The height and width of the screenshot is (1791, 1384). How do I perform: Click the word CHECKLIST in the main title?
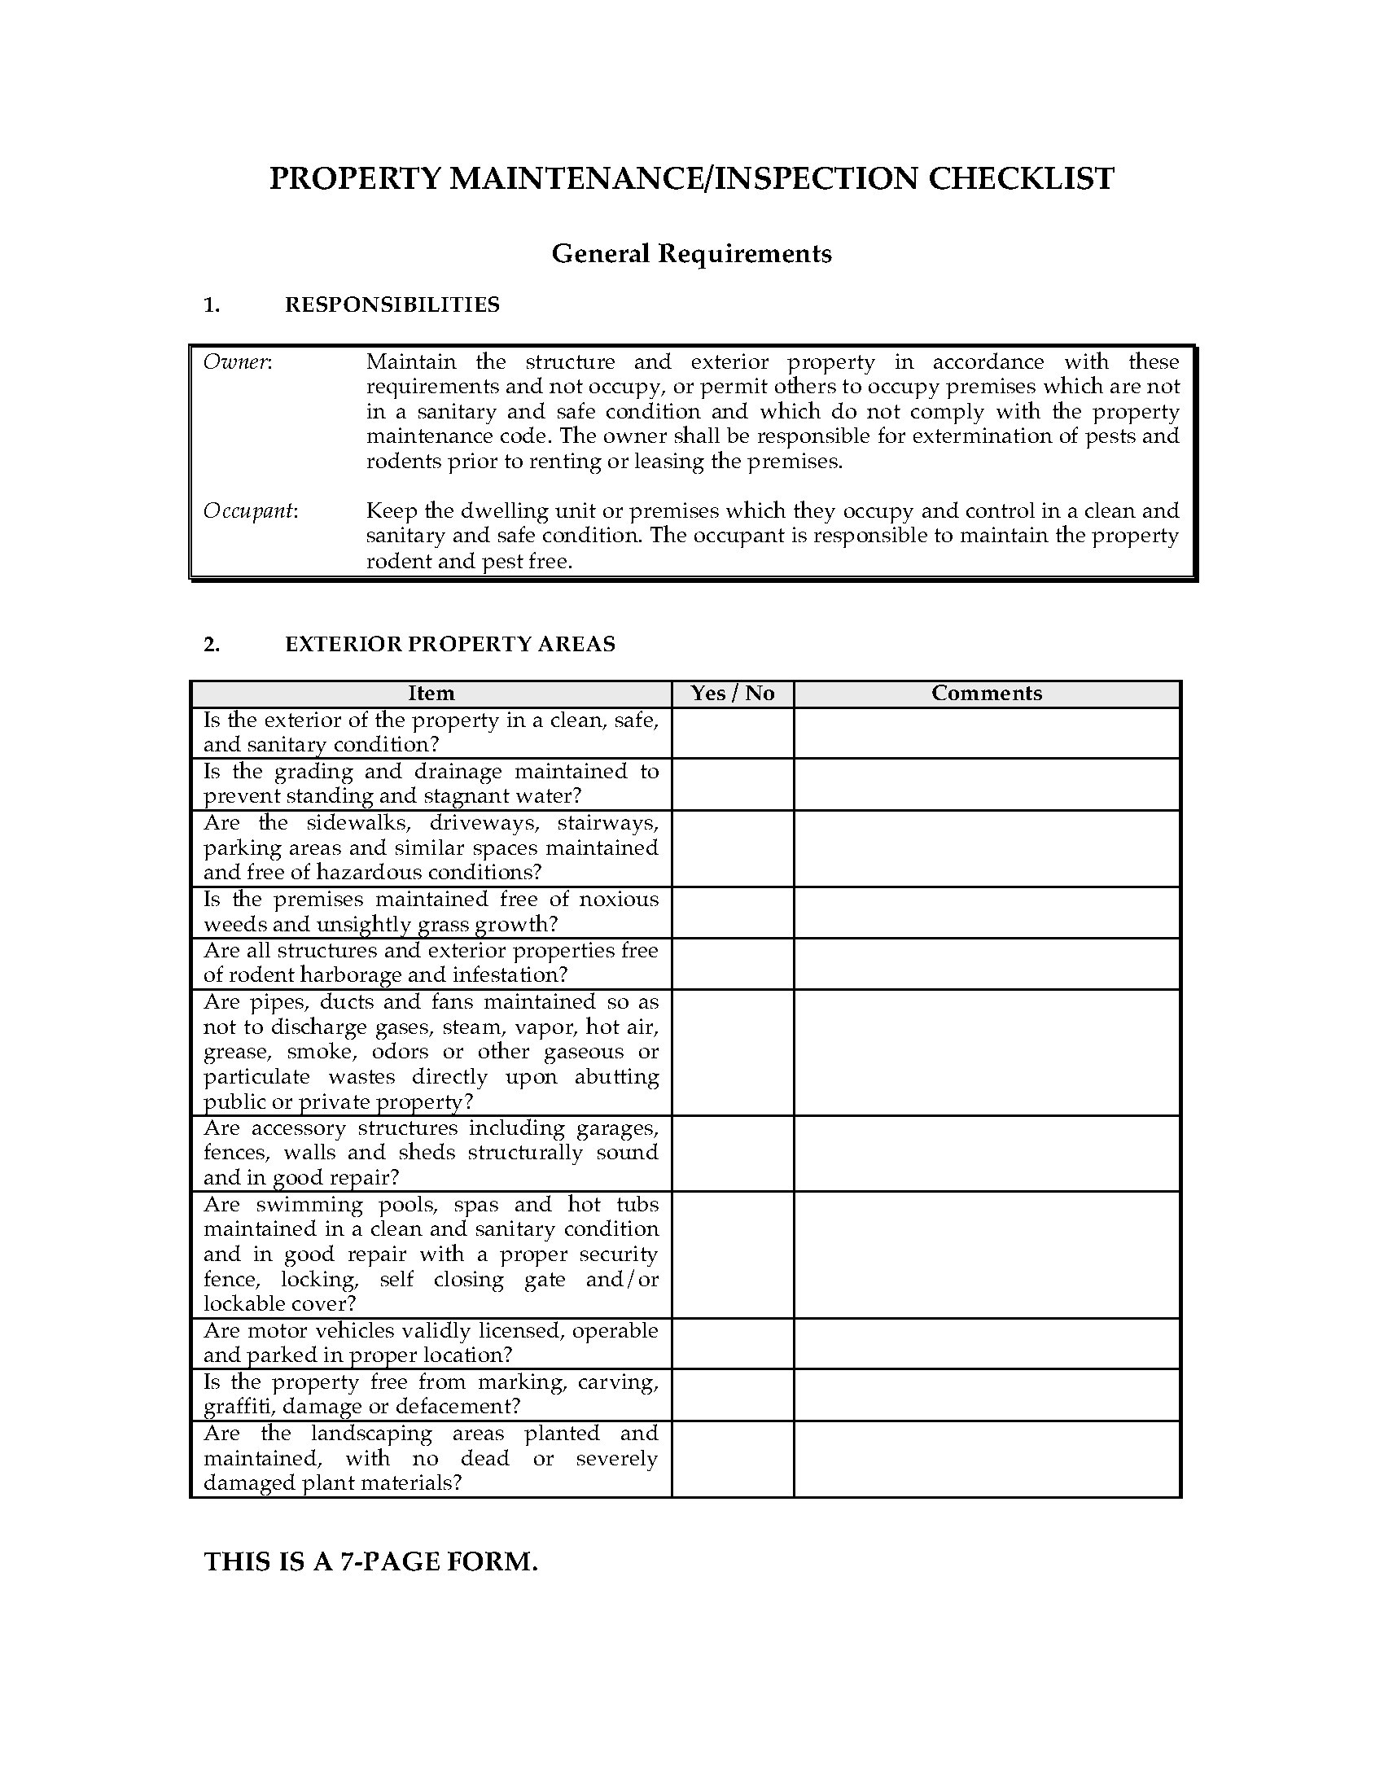1021,179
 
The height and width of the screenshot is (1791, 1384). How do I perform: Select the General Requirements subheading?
691,253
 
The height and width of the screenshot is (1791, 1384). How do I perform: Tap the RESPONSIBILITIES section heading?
392,305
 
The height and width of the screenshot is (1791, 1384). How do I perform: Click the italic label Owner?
236,362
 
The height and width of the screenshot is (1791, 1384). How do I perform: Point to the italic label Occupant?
249,511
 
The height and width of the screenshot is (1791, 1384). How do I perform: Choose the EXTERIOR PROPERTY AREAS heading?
450,644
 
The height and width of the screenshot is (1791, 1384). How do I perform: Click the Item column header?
431,694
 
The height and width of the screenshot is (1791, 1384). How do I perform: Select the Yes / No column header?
732,694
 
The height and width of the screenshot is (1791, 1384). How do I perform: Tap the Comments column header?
987,694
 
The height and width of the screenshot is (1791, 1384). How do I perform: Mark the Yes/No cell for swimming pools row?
732,1255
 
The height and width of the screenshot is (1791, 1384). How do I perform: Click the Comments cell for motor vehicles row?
987,1343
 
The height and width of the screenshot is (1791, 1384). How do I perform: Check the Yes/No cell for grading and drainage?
732,784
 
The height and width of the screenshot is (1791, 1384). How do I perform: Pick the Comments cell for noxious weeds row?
987,912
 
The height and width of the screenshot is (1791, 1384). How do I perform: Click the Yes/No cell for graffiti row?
732,1394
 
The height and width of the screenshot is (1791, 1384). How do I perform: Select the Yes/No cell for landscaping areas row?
732,1458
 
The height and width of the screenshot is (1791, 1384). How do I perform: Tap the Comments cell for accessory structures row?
987,1153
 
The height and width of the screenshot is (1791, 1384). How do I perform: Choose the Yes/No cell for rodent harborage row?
732,963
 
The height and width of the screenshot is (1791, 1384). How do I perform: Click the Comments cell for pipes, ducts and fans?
987,1052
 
